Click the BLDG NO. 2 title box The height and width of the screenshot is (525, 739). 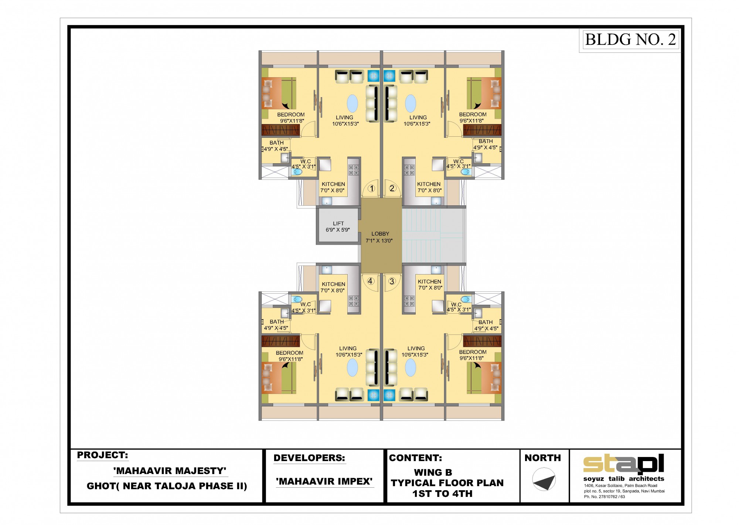coord(630,40)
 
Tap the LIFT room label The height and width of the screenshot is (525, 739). coord(338,224)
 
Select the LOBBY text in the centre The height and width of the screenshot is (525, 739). coord(380,234)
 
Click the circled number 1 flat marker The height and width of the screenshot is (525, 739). coord(372,188)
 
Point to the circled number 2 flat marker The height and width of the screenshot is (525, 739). coord(392,188)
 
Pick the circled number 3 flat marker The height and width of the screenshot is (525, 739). coord(392,281)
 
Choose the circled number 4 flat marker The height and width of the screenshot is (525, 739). coord(370,281)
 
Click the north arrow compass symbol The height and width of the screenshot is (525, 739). coord(544,479)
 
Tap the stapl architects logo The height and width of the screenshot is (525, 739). coord(624,464)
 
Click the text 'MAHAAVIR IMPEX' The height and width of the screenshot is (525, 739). coord(324,481)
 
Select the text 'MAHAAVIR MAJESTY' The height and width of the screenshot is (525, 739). coord(170,471)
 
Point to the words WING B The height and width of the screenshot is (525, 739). coord(433,473)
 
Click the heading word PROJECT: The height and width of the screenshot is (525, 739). coord(102,455)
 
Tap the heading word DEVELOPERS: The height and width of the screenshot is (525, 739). coord(309,458)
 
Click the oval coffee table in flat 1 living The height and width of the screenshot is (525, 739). coord(353,103)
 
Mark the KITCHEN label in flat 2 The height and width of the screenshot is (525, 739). coord(429,184)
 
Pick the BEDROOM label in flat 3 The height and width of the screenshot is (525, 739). coord(473,352)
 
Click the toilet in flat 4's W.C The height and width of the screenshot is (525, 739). coord(297,299)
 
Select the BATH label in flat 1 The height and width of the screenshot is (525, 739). coord(276,143)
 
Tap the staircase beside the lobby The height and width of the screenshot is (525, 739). coord(433,235)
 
